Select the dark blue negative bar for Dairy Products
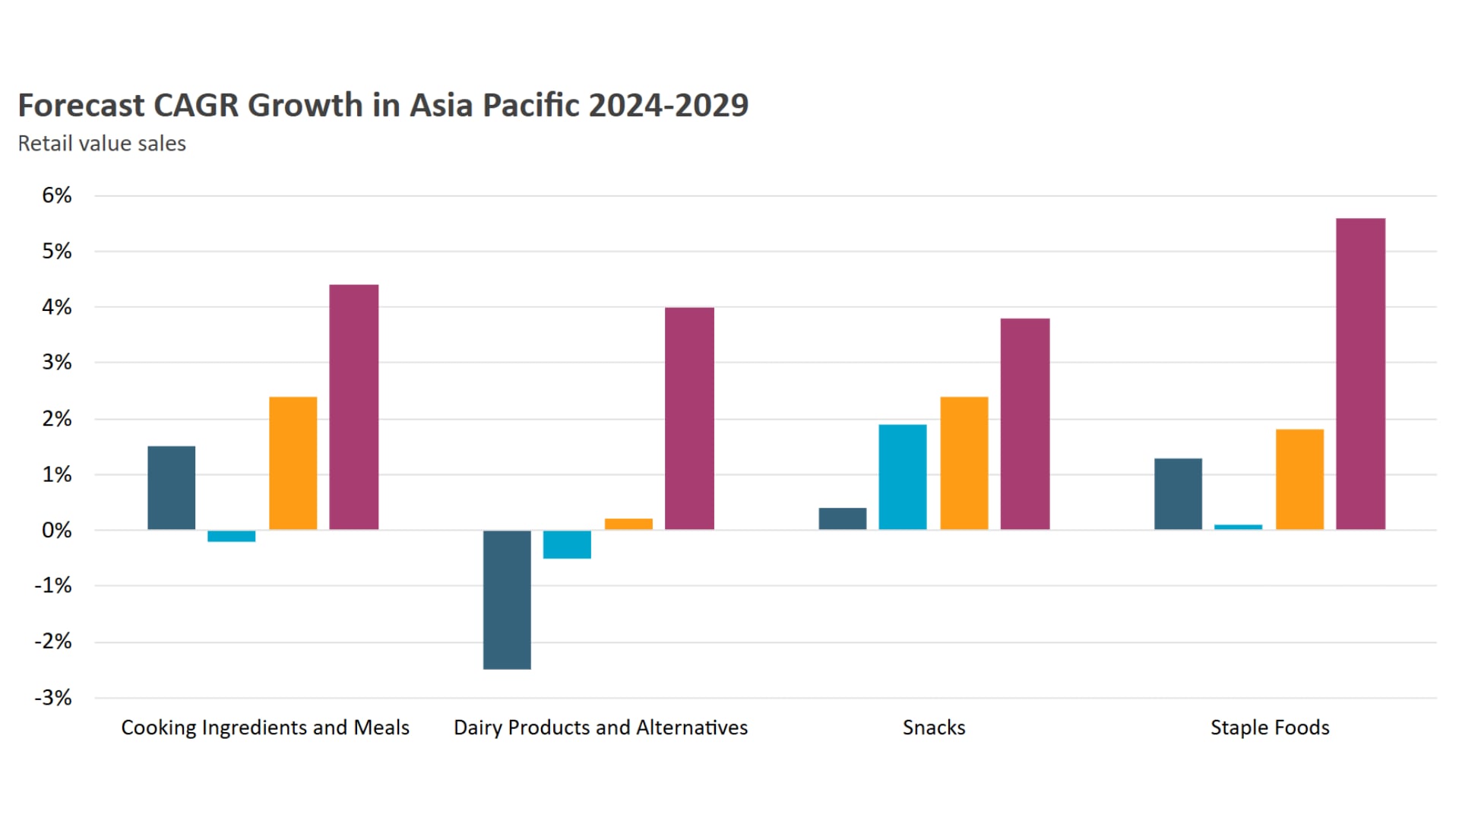[x=507, y=600]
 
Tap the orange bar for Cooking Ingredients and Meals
[x=293, y=463]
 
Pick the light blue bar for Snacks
[x=903, y=477]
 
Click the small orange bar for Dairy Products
[x=628, y=524]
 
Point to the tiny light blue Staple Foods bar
[x=1238, y=527]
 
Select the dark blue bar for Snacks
[x=842, y=518]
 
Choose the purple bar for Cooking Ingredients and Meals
[x=353, y=407]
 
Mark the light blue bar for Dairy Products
[x=567, y=544]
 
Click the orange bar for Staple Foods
[x=1299, y=479]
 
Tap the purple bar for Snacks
[x=1024, y=423]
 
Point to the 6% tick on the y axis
[x=57, y=195]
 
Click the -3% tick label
[x=53, y=698]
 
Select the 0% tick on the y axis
[x=57, y=530]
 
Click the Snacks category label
[x=934, y=727]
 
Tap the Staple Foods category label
[x=1270, y=727]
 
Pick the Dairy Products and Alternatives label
[x=600, y=727]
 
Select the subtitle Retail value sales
[x=102, y=144]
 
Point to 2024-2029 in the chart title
[x=669, y=105]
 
